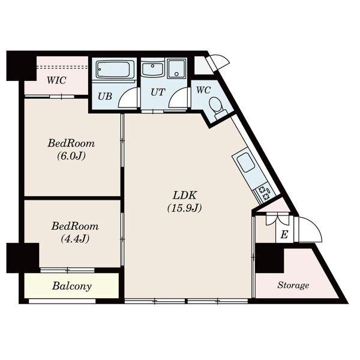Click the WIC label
(56, 80)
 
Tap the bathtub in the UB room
(114, 70)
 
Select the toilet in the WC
(217, 107)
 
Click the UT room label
(158, 92)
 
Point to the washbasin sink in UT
(152, 68)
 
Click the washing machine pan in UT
(176, 69)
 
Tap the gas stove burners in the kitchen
(264, 193)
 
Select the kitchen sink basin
(245, 163)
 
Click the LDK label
(185, 196)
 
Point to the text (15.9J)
(185, 208)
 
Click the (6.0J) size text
(71, 156)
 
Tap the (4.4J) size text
(75, 239)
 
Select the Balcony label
(72, 286)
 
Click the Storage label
(293, 285)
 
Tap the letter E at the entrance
(284, 235)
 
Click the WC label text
(203, 90)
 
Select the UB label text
(105, 97)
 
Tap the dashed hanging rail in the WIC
(62, 67)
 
